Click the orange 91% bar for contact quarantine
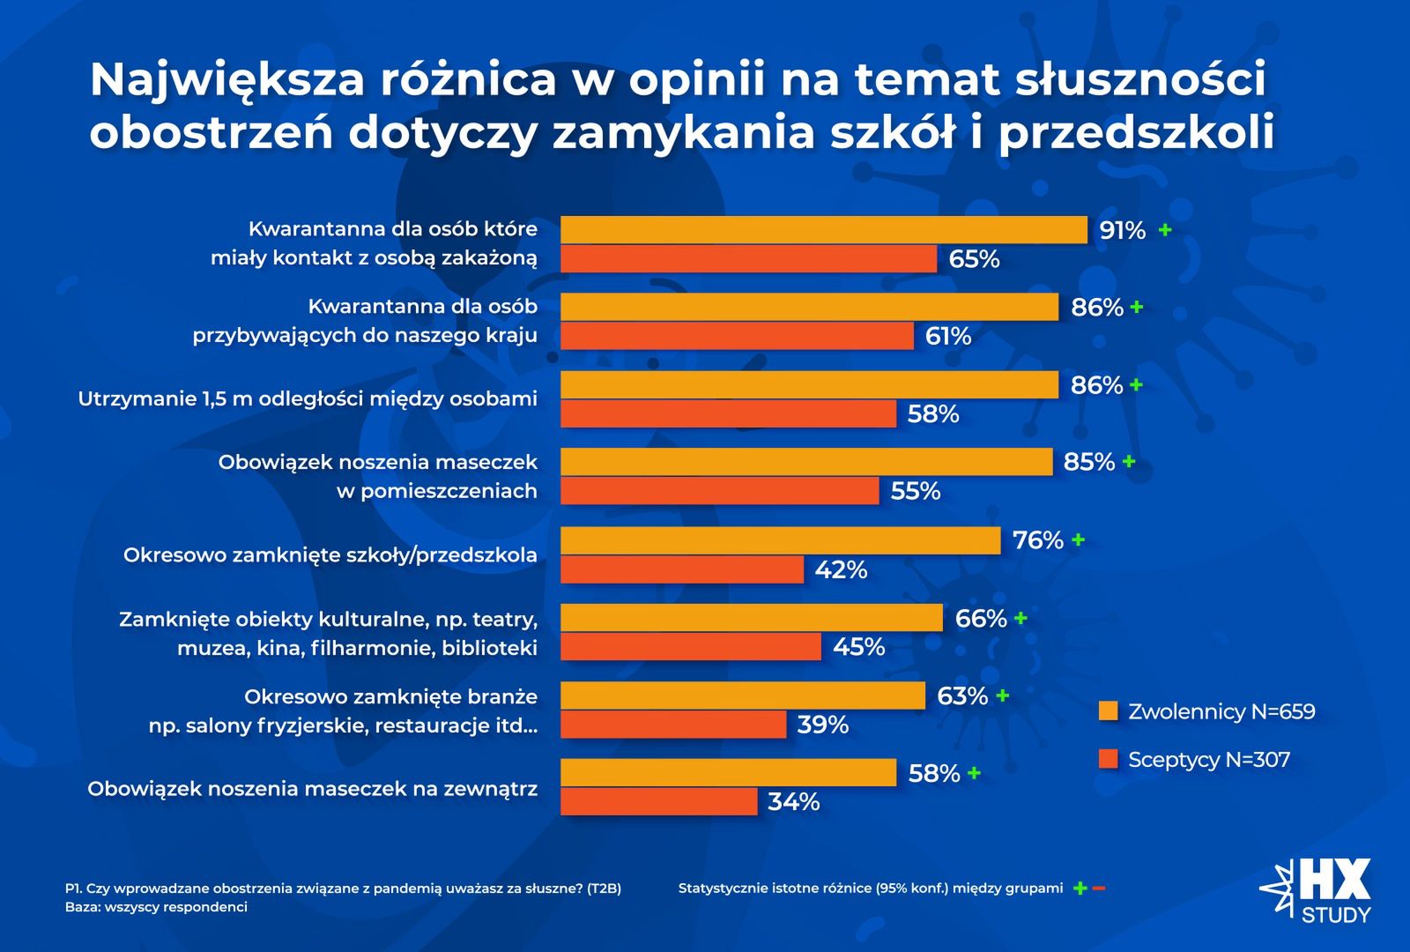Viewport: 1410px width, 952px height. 824,230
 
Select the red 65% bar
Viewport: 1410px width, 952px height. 749,259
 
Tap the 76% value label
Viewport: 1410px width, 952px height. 1038,539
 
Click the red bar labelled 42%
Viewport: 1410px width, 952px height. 682,569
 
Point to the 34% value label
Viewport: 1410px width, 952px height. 794,802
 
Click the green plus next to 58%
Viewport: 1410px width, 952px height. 974,773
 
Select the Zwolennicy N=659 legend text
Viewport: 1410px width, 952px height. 1221,711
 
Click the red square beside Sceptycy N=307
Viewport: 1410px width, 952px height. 1109,759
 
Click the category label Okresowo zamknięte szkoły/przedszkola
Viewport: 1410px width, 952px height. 330,555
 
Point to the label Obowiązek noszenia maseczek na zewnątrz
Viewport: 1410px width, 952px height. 312,789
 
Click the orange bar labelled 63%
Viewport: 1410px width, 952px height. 743,695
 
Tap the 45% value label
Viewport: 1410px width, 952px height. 858,647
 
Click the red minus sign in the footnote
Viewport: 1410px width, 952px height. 1098,888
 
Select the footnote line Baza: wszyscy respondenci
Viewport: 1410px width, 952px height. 156,907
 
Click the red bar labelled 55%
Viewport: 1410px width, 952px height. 720,491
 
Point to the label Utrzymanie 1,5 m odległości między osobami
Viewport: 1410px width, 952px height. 308,398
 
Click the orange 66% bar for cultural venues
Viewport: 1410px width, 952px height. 752,618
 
